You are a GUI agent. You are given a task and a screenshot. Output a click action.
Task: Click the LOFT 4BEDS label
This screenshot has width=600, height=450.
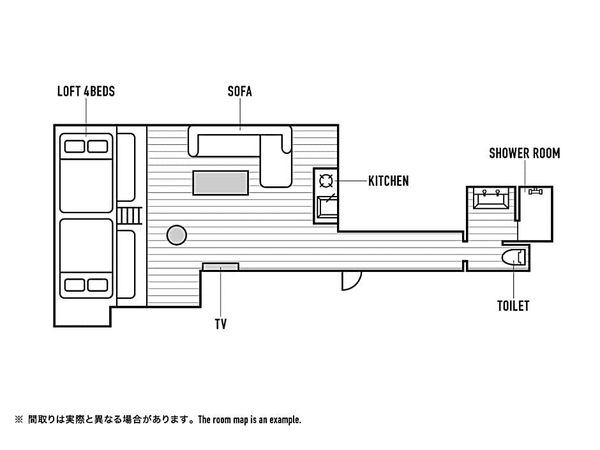86,91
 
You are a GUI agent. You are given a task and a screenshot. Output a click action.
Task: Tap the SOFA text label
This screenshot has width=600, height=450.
240,91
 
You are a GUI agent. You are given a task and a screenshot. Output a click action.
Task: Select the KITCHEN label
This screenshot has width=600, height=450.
389,181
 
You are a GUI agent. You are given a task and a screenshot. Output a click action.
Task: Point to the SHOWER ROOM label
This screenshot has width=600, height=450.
524,153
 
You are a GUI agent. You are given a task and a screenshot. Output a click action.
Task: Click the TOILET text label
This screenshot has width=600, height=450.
513,306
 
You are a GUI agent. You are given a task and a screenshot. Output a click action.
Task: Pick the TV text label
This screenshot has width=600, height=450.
220,324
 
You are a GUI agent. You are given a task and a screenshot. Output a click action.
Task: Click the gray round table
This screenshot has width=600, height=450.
177,235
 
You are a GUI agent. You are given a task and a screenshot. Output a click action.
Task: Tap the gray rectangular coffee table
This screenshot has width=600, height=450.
220,183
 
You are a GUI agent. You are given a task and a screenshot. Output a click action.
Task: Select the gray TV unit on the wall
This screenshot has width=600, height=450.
220,266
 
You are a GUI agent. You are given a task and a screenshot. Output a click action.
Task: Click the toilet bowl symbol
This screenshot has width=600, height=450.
514,257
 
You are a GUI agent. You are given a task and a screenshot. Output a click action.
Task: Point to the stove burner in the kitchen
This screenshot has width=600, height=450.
326,180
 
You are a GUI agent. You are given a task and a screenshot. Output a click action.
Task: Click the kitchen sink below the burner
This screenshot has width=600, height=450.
327,206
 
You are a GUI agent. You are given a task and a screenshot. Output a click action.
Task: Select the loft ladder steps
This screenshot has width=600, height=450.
128,216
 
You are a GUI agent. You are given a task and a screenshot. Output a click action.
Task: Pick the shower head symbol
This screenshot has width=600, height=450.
535,191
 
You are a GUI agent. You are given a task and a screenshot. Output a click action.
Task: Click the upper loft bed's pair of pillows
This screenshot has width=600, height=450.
86,146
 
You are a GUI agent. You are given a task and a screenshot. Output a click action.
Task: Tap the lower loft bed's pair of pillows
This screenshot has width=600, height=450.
86,285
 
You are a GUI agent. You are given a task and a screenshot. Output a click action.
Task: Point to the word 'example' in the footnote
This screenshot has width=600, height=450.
285,420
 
